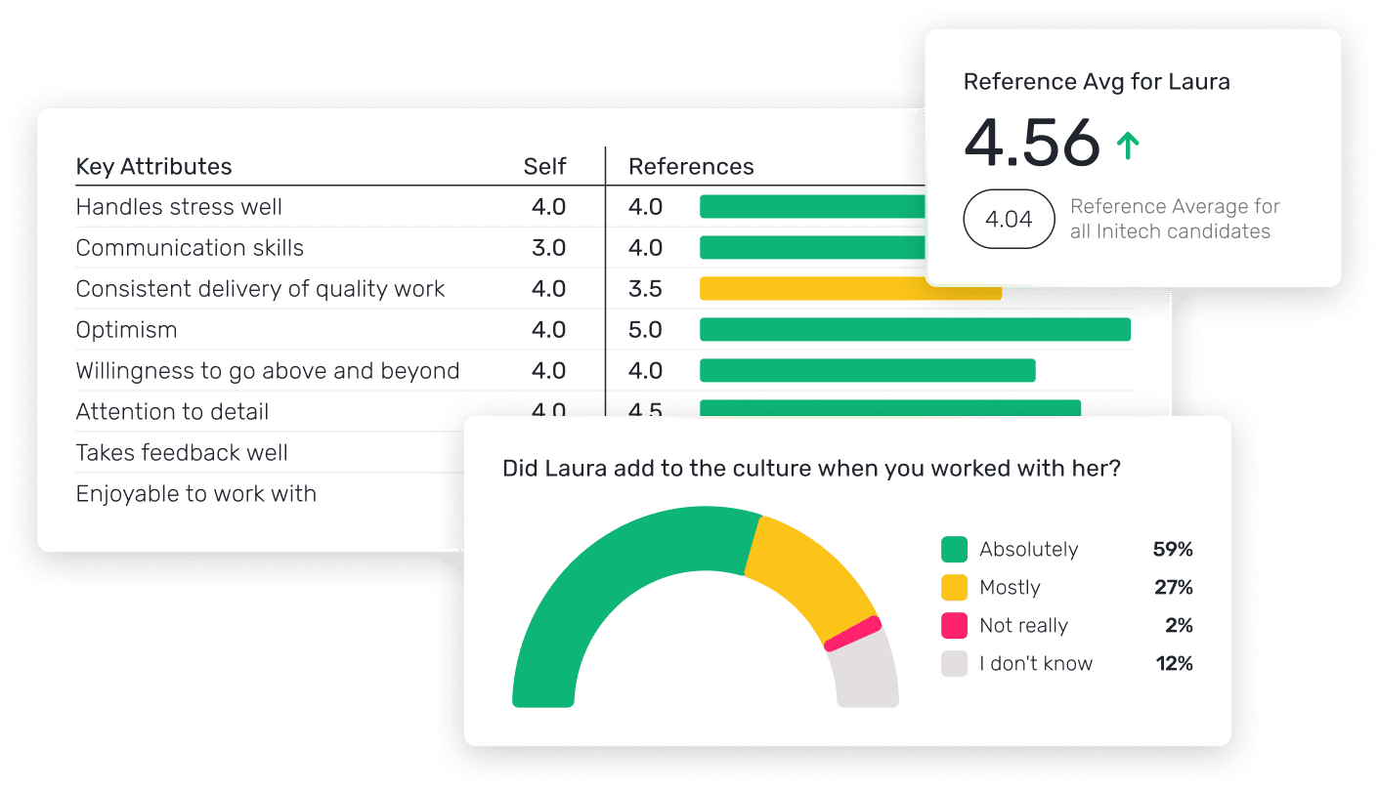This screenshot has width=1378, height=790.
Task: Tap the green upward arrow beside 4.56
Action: coord(1128,146)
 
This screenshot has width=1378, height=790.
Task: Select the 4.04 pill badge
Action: coord(1009,219)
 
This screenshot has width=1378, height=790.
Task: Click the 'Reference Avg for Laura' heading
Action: coord(1097,82)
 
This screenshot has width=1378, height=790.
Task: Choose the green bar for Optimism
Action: coord(915,330)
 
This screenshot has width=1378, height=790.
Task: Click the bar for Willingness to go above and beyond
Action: coord(867,371)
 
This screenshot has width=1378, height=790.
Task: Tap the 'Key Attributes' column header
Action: coord(153,167)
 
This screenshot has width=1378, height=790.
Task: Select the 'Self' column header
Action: coord(544,167)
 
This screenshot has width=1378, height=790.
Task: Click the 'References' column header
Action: coord(691,167)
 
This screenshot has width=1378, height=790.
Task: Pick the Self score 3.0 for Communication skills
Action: coord(548,248)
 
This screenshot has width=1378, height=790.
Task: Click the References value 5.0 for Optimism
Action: coord(645,330)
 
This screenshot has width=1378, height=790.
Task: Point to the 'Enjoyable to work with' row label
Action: coord(195,494)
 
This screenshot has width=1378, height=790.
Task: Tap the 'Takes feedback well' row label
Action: coord(182,453)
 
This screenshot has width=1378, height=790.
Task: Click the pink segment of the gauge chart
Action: coord(853,634)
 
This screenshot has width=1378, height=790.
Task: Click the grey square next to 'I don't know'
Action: coord(954,664)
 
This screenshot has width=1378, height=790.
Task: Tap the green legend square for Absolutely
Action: coord(954,550)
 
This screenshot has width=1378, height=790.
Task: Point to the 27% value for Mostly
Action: coord(1173,588)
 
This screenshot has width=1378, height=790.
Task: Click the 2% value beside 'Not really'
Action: coord(1179,626)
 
